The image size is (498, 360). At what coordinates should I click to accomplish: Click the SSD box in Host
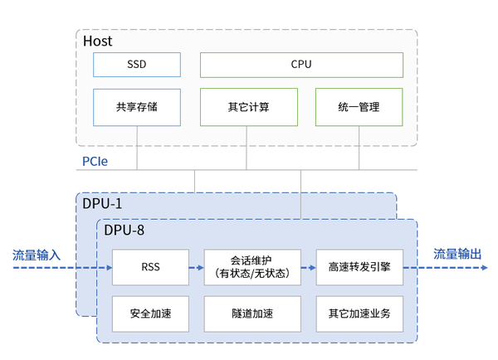coord(136,64)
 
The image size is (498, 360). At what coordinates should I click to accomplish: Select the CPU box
coord(301,64)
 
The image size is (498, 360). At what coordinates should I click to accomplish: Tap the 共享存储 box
coord(136,107)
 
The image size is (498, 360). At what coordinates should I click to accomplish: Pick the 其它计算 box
coord(248,107)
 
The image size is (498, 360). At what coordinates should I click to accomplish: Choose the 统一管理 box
coord(359,107)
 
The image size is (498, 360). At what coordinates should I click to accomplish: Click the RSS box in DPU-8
coord(150,268)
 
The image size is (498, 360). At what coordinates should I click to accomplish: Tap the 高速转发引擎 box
coord(359,268)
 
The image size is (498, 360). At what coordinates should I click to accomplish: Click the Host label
coord(98,41)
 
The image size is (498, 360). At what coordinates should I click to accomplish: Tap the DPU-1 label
coord(102,202)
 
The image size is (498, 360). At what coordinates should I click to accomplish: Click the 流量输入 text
coord(37,255)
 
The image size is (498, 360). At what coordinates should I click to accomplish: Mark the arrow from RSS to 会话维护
coord(195,268)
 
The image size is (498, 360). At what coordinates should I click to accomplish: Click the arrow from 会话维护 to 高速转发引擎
coord(306,268)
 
